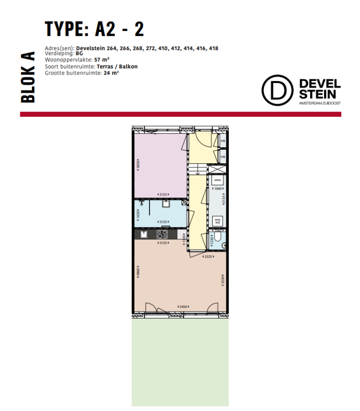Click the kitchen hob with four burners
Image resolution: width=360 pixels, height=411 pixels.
(163, 234)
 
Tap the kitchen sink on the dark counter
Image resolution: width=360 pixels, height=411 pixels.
(144, 234)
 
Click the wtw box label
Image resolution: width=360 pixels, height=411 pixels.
(217, 180)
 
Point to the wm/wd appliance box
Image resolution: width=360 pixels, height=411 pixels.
(217, 220)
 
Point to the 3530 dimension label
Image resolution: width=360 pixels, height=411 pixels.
(223, 281)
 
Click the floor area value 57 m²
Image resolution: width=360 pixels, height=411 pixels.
(101, 60)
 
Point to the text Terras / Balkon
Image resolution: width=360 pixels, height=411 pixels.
(118, 67)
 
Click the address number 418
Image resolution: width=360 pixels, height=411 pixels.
(213, 48)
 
